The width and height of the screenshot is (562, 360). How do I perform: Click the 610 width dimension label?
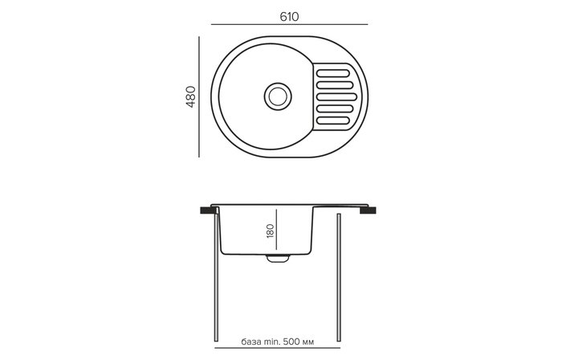pos(289,17)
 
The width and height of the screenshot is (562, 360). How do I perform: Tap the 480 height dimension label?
pos(191,96)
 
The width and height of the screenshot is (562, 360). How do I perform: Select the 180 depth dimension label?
pos(271,231)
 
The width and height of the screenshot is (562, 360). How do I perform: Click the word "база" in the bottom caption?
pos(250,342)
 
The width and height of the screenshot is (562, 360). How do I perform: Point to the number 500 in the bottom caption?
pos(291,342)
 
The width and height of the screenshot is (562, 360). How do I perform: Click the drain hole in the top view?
pos(278,96)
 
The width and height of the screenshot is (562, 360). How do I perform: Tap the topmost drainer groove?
pos(333,73)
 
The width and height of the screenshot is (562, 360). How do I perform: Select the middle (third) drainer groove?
pos(336,96)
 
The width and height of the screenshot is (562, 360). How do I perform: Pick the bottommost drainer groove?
pos(333,121)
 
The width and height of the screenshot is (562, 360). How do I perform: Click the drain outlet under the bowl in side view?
pos(278,258)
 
